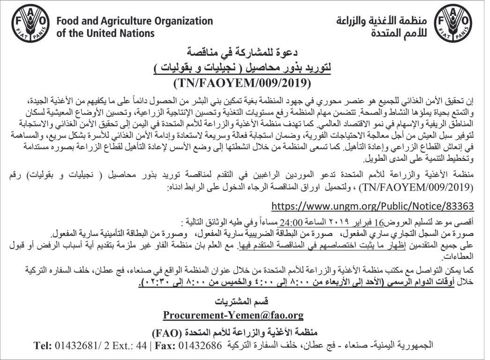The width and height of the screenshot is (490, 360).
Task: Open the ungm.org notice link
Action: click(373, 206)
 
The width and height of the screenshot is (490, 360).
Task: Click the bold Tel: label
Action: click(44, 345)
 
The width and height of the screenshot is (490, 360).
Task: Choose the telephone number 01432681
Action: click(76, 345)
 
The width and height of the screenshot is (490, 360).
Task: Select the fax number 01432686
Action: click(200, 345)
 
